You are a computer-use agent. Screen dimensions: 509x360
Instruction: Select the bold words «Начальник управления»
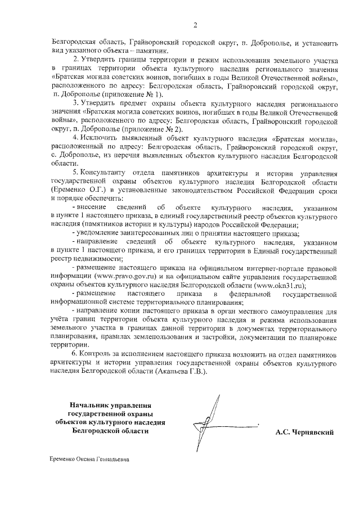tap(111, 405)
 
